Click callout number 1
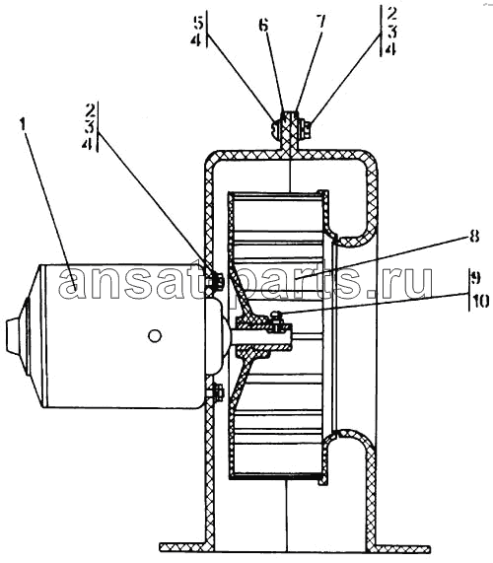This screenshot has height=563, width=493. click(x=23, y=125)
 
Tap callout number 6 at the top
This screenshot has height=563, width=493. click(x=264, y=25)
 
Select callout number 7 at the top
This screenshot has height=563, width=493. click(x=320, y=23)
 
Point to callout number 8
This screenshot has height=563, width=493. click(x=474, y=237)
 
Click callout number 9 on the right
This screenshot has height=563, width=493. click(x=474, y=277)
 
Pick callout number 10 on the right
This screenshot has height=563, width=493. click(x=479, y=302)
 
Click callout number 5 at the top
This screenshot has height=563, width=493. click(x=198, y=24)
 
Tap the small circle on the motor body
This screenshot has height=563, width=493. click(x=155, y=336)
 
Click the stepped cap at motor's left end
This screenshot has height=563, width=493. click(x=16, y=335)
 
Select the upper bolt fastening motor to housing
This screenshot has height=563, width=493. click(x=216, y=280)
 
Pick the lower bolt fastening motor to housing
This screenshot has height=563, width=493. click(x=216, y=392)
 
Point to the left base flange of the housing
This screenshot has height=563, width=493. click(x=183, y=547)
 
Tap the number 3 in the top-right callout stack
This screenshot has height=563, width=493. click(x=391, y=32)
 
